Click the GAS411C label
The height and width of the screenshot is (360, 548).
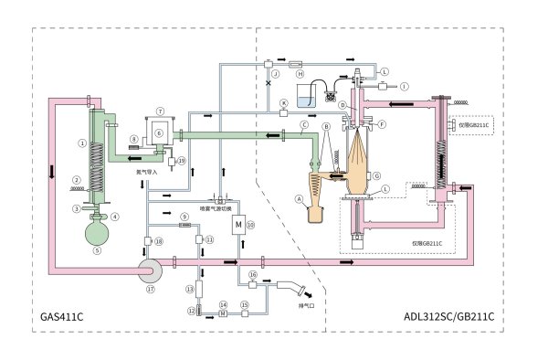[62, 317]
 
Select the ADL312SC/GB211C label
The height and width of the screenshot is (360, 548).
[449, 317]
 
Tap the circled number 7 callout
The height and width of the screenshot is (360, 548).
[159, 110]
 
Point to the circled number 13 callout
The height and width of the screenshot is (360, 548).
[189, 289]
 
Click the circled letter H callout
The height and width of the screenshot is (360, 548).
[286, 73]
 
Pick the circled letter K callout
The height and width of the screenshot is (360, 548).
[284, 102]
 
